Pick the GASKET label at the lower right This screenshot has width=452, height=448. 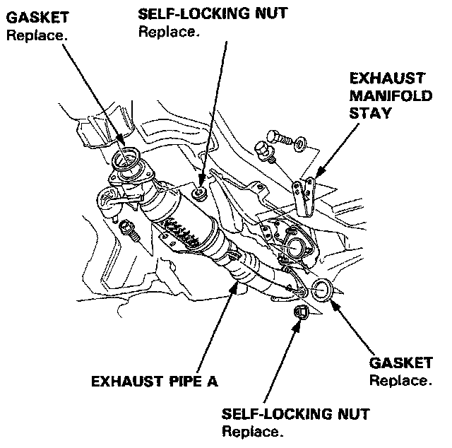(401, 363)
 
